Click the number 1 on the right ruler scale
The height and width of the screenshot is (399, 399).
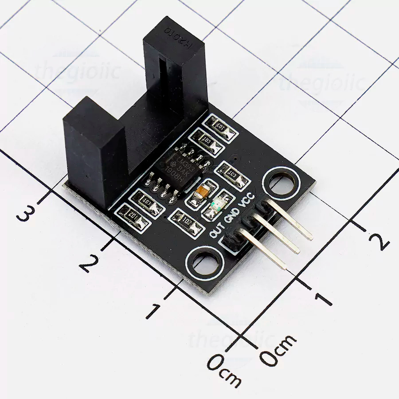tap(323, 297)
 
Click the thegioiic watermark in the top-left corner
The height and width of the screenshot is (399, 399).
tap(78, 71)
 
